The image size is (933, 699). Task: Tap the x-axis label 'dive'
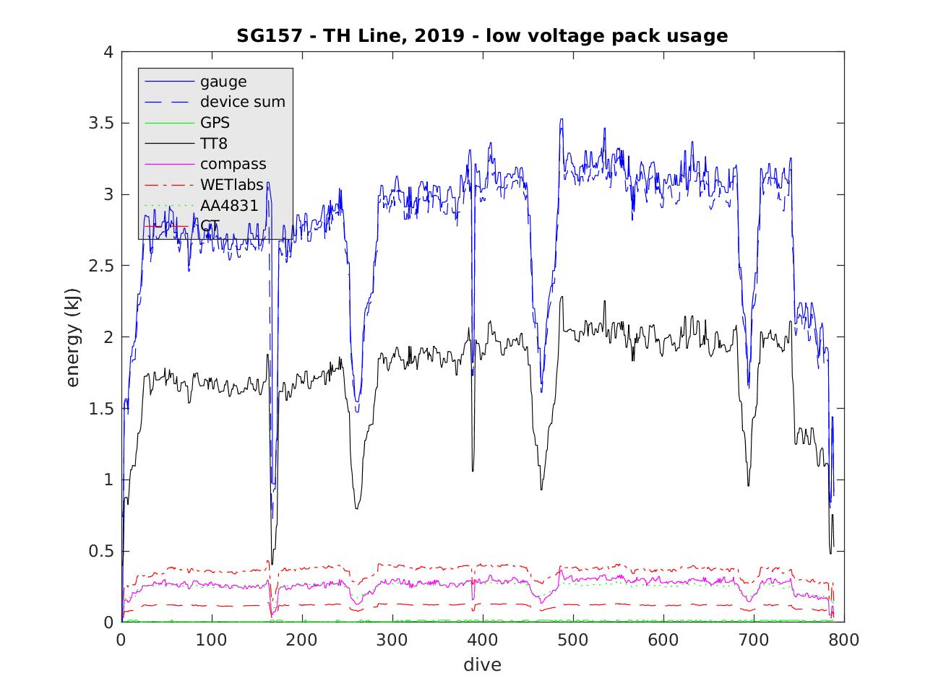click(482, 664)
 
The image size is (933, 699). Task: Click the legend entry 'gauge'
click(223, 81)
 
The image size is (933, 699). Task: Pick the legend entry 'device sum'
click(243, 102)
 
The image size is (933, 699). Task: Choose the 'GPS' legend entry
click(215, 123)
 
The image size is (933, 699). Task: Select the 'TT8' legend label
click(214, 144)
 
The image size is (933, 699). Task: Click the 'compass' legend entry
click(233, 164)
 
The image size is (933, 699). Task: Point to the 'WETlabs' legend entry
click(231, 185)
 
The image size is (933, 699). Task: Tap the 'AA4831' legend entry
click(229, 205)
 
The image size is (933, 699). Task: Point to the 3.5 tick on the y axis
click(100, 123)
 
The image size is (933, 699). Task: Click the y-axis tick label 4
click(108, 53)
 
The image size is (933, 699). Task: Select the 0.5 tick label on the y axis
click(100, 551)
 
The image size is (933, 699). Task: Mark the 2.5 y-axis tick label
click(100, 266)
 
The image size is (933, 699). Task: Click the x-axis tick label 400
click(302, 640)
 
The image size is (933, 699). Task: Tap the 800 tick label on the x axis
click(844, 640)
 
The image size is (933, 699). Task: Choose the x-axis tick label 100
click(211, 640)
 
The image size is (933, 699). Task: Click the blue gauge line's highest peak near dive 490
click(561, 119)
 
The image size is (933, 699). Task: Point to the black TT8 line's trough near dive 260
click(356, 508)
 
